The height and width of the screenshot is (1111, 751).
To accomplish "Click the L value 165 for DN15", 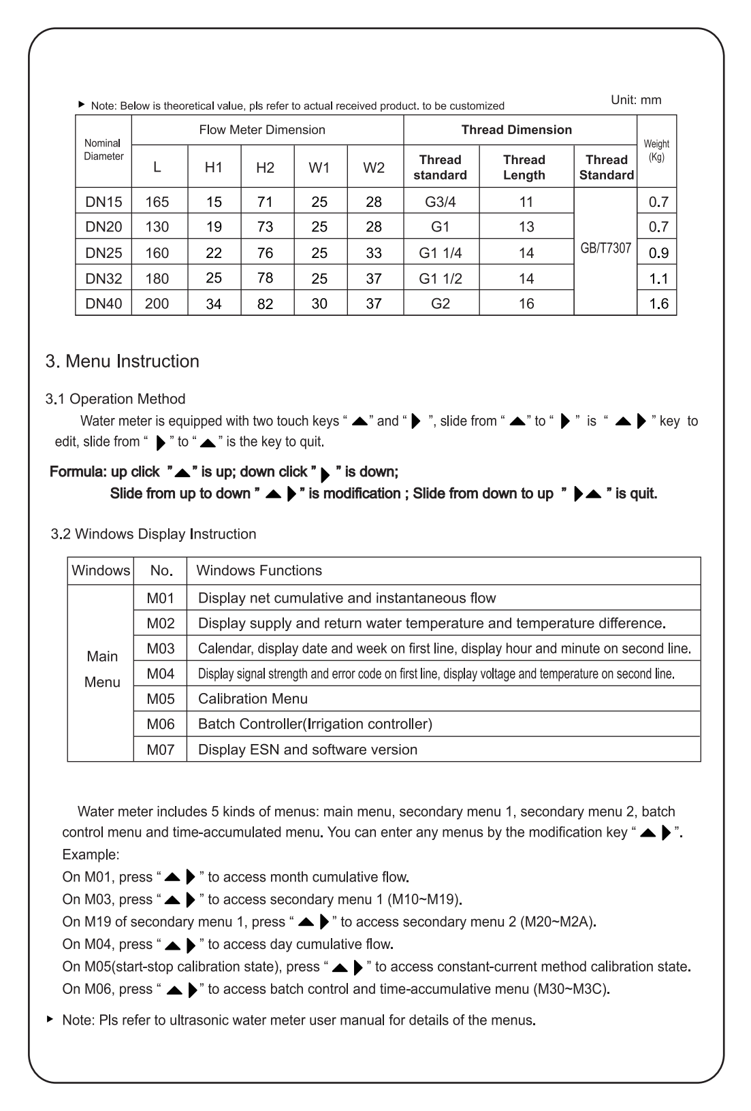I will click(157, 202).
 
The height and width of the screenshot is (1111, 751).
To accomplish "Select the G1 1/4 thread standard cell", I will click(441, 253).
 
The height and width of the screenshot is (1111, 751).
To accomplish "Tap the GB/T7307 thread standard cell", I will click(605, 248).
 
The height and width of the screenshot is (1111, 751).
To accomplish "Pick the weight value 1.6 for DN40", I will click(658, 304).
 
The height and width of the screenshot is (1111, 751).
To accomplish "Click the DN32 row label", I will click(103, 278).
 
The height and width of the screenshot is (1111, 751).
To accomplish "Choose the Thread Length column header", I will click(524, 167).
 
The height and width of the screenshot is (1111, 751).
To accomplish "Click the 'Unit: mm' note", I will click(636, 100).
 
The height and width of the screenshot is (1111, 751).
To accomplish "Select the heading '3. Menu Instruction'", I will click(123, 361).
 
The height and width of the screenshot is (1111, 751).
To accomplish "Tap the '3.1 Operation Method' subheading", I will click(115, 398).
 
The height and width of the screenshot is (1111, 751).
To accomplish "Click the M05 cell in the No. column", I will click(161, 698).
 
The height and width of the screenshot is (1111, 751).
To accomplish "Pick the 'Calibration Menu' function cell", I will click(253, 698).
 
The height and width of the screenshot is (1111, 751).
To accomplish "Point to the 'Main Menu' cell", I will click(102, 669).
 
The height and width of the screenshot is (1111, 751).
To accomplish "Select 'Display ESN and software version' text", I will click(308, 750).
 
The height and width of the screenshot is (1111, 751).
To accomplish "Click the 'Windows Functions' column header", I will click(259, 570).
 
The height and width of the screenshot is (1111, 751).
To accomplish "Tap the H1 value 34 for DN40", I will click(214, 304).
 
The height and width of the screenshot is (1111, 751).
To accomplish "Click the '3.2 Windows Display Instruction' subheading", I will click(154, 534).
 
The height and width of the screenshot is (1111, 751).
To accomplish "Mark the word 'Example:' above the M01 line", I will click(91, 854).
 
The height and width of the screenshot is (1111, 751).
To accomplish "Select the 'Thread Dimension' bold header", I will click(517, 129).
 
